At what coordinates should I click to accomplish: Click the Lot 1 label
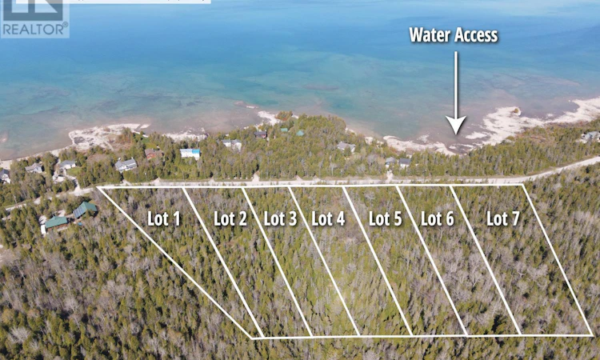tap(164, 219)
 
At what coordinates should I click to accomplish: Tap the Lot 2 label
tap(230, 219)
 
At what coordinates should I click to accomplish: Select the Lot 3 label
tap(281, 219)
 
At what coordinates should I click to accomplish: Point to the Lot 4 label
tap(328, 219)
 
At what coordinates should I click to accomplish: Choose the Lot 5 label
tap(386, 219)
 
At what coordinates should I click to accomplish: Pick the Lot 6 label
tap(438, 219)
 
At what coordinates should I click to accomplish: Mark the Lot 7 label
tap(503, 219)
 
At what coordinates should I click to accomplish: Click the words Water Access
tap(454, 35)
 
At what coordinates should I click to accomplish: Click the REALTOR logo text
tap(35, 30)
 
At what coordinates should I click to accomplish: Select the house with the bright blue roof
tap(190, 154)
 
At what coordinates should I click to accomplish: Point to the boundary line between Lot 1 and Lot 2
tap(223, 262)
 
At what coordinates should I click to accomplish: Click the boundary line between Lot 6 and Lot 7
tap(486, 260)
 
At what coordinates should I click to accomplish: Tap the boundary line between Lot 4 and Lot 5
tap(377, 261)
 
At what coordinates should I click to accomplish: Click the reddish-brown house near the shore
tap(154, 154)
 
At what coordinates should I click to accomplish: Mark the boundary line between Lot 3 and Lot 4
tap(324, 262)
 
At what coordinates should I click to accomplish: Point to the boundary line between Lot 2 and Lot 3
tap(278, 262)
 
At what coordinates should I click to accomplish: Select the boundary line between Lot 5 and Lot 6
tap(432, 261)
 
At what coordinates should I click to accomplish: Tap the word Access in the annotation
tap(476, 35)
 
